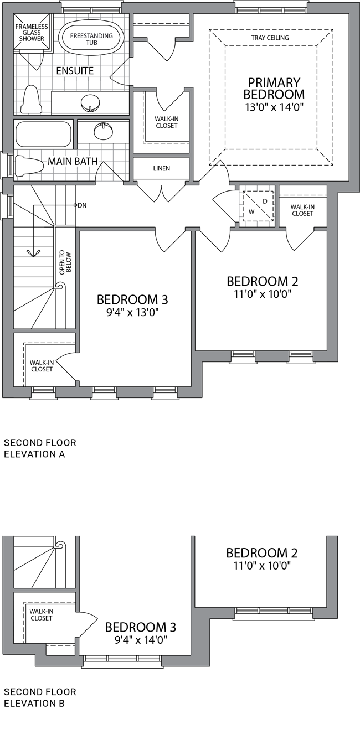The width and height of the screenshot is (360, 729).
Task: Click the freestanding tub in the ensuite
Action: coord(91,39)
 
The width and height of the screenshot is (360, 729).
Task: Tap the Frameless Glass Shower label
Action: coord(31,33)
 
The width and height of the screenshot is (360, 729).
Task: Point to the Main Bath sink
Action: coord(104,131)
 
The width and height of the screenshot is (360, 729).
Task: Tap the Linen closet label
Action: coord(162,168)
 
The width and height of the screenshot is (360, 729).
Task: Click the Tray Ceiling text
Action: coord(270,38)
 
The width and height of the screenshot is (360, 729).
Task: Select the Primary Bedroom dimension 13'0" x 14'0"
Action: coord(274,107)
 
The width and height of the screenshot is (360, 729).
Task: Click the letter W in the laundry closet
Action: coord(251,212)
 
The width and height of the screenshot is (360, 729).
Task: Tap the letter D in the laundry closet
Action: coord(265,201)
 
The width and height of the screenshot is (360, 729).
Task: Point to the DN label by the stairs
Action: coord(82,205)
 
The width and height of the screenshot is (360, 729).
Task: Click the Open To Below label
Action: coord(65,263)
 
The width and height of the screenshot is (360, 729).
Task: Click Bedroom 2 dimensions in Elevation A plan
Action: coord(263,294)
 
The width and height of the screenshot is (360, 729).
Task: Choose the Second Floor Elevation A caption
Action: coord(40,448)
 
